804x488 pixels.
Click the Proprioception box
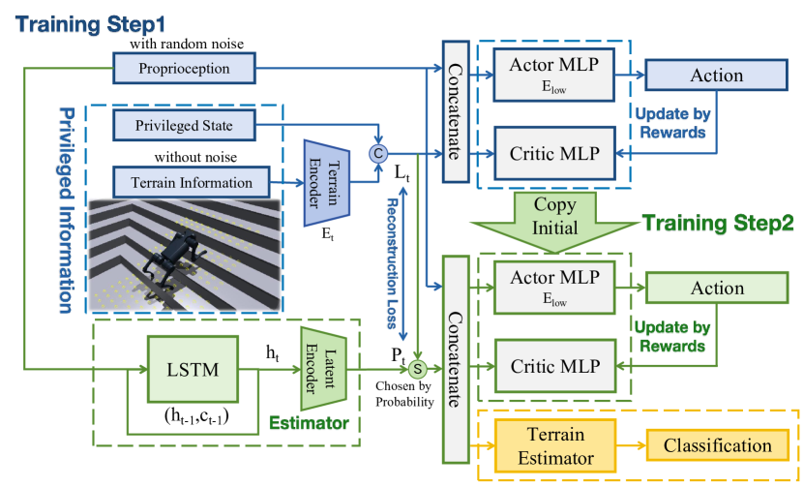tap(184, 69)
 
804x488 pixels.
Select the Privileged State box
tap(184, 125)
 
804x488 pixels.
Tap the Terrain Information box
tap(184, 181)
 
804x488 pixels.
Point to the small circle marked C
tap(378, 151)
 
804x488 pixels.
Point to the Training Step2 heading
tap(715, 223)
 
